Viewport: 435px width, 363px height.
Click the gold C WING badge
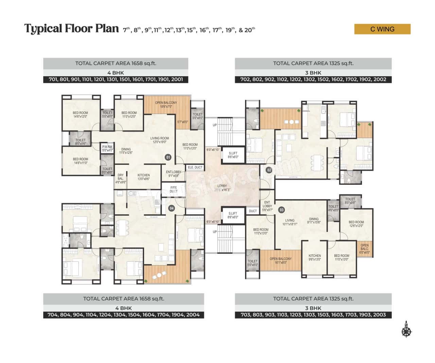pos(382,29)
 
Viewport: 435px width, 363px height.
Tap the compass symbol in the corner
pos(406,330)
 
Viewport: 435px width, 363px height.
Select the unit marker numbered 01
pos(168,157)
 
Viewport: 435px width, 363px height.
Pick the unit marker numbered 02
pos(269,170)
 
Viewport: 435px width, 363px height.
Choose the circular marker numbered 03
pos(281,210)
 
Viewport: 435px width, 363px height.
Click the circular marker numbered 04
pos(172,208)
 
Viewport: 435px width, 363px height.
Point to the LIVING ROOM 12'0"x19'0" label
pos(160,140)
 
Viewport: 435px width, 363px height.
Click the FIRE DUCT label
pos(174,189)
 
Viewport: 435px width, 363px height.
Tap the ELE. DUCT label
pos(195,167)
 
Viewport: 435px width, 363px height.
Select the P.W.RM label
pos(107,148)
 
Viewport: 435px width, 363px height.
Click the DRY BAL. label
pos(121,179)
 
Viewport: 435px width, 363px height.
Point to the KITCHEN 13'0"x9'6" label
pos(143,177)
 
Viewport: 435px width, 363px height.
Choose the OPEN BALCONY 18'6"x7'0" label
pos(166,104)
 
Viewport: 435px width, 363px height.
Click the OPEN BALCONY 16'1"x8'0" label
pos(281,261)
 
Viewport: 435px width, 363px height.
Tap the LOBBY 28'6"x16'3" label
pos(222,188)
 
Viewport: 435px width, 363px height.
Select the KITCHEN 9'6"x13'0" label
pos(315,257)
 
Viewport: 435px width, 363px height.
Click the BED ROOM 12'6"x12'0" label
pos(356,224)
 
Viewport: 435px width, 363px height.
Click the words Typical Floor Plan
pos(71,29)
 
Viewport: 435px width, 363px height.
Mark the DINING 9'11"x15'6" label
pos(314,221)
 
